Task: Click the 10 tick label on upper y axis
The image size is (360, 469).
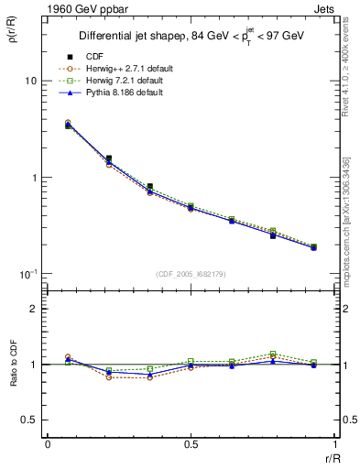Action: point(30,81)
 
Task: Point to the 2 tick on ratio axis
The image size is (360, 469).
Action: point(35,309)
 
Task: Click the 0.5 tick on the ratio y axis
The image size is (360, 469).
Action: point(30,420)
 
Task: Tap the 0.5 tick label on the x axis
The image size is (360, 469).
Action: point(191,443)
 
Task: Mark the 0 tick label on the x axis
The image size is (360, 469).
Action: point(47,443)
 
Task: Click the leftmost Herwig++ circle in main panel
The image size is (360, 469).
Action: point(68,122)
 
